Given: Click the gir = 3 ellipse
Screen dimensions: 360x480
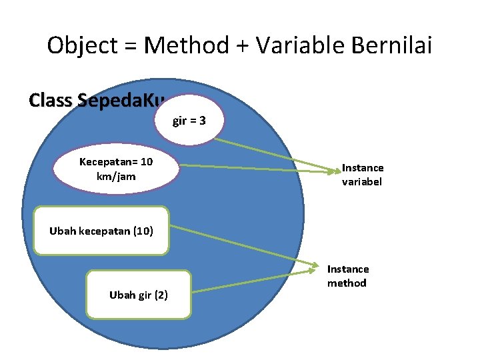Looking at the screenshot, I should click(x=189, y=121).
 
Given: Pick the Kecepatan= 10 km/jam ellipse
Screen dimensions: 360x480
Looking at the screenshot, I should click(x=116, y=169).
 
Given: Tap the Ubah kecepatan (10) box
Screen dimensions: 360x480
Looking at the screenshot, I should click(x=101, y=231).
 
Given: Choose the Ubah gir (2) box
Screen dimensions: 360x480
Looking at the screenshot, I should click(x=139, y=294).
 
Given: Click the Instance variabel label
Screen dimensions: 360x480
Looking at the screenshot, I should click(x=362, y=175).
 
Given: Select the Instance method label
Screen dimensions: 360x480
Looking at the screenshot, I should click(x=347, y=276).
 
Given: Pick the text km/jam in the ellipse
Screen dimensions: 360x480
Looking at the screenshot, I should click(x=116, y=176).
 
